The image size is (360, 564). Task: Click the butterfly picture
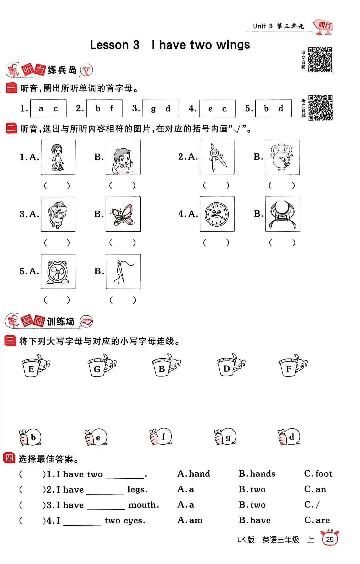[x=123, y=214]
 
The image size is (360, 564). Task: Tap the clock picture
[x=217, y=214]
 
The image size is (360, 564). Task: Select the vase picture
[x=282, y=157]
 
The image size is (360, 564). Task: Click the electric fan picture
[x=58, y=271]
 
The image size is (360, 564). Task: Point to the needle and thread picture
[x=123, y=271]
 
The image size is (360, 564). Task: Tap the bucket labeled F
[x=293, y=365]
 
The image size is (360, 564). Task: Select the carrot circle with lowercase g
[x=225, y=437]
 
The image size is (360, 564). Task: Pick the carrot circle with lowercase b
[x=30, y=437]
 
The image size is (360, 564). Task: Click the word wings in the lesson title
[x=233, y=45]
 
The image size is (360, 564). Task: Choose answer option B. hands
[x=257, y=474]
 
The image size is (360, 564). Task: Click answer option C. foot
[x=318, y=474]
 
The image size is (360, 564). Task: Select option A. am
[x=190, y=520]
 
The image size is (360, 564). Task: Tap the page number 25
[x=330, y=539]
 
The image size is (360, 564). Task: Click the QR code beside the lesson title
[x=320, y=60]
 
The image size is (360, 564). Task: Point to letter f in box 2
[x=112, y=108]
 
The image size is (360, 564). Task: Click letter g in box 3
[x=153, y=109]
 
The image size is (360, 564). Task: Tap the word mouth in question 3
[x=144, y=505]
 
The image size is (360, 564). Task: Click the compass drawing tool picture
[x=217, y=157]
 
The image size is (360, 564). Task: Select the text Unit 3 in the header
[x=263, y=26]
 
